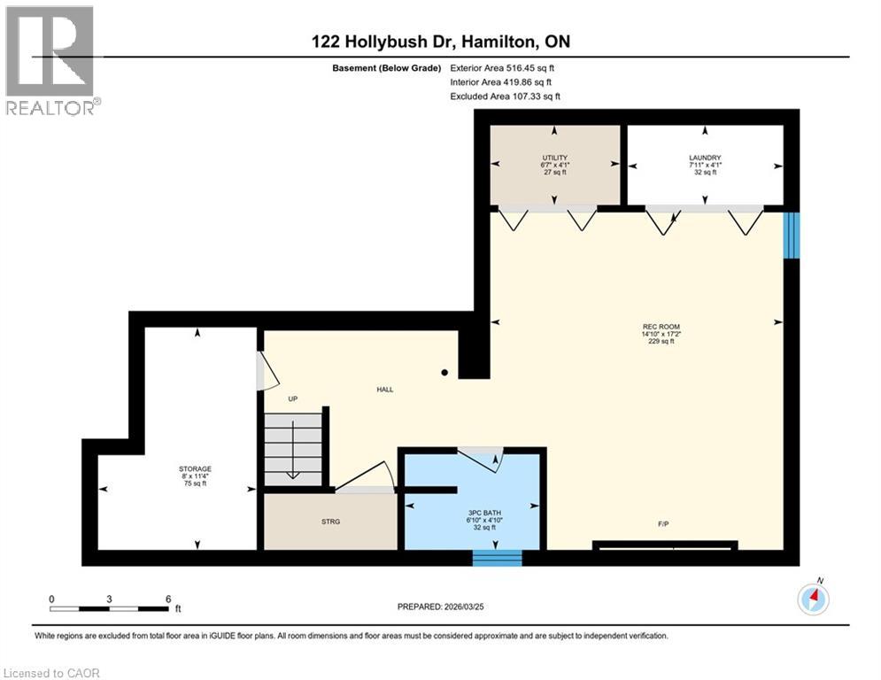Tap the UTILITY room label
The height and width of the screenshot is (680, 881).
pyautogui.click(x=554, y=158)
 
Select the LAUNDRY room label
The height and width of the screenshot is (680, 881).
pyautogui.click(x=705, y=158)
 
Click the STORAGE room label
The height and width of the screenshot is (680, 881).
pyautogui.click(x=195, y=468)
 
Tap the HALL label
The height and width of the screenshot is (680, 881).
pyautogui.click(x=384, y=389)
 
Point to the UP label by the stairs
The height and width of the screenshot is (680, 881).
pyautogui.click(x=292, y=398)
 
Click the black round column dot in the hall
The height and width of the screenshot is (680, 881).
pyautogui.click(x=444, y=373)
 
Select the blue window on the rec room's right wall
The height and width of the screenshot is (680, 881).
pyautogui.click(x=792, y=236)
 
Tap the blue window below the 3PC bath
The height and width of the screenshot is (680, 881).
pyautogui.click(x=497, y=558)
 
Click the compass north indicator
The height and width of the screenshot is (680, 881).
pyautogui.click(x=813, y=599)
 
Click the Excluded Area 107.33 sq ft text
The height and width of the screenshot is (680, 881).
pyautogui.click(x=505, y=96)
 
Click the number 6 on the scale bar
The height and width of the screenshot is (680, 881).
pyautogui.click(x=167, y=599)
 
